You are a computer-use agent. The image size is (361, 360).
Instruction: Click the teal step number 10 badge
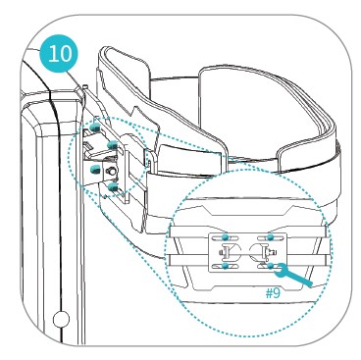point(59,54)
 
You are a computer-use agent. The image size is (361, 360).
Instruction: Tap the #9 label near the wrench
point(273,293)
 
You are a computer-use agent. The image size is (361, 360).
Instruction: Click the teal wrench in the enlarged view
point(292,275)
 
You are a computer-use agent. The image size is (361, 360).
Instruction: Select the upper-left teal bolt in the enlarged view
point(225,237)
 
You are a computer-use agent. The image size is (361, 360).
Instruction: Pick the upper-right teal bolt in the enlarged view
point(270,237)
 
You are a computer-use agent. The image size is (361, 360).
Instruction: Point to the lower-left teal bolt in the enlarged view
point(225,266)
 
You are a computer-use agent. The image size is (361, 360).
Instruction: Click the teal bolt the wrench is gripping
point(270,266)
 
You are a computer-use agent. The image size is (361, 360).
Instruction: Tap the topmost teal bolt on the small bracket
point(95,129)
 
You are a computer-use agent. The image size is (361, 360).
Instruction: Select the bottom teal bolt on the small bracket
point(113,186)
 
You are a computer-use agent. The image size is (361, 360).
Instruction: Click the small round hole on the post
point(61,318)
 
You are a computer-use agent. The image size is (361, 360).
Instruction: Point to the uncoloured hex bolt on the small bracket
point(112,171)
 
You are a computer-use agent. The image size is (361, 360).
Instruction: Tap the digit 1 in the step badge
point(52,54)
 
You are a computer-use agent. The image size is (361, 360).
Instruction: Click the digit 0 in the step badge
point(65,54)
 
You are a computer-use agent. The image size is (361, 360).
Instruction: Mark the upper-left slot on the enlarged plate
point(225,237)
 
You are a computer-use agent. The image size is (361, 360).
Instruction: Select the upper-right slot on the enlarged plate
point(271,237)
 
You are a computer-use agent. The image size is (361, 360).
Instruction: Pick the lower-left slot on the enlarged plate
point(225,266)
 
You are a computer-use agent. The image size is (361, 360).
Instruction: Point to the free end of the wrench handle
point(310,284)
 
